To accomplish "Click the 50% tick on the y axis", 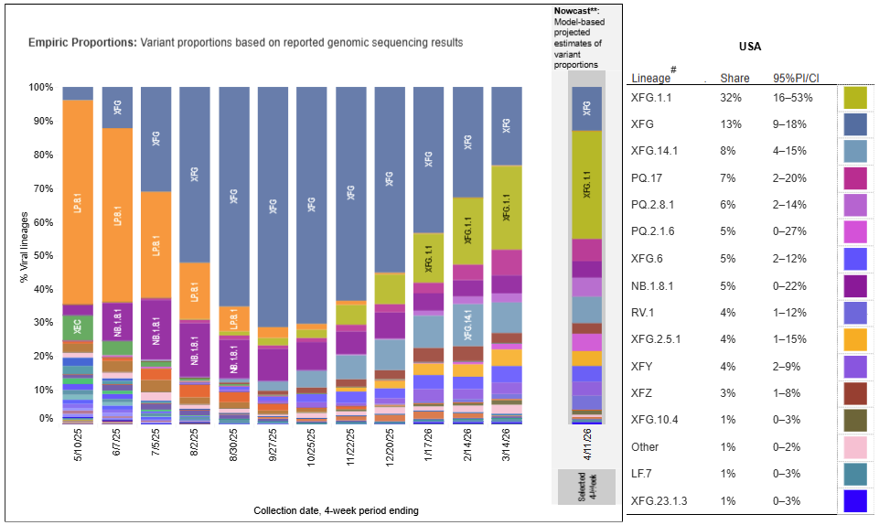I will [x=42, y=256].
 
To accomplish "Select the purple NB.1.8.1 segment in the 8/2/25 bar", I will [x=194, y=348].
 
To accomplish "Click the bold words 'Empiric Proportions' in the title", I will [x=81, y=42].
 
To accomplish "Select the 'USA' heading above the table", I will [x=750, y=47].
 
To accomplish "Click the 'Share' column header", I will [x=734, y=78].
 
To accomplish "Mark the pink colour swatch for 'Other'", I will [x=855, y=447].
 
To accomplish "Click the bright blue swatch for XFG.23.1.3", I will [x=855, y=501].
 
